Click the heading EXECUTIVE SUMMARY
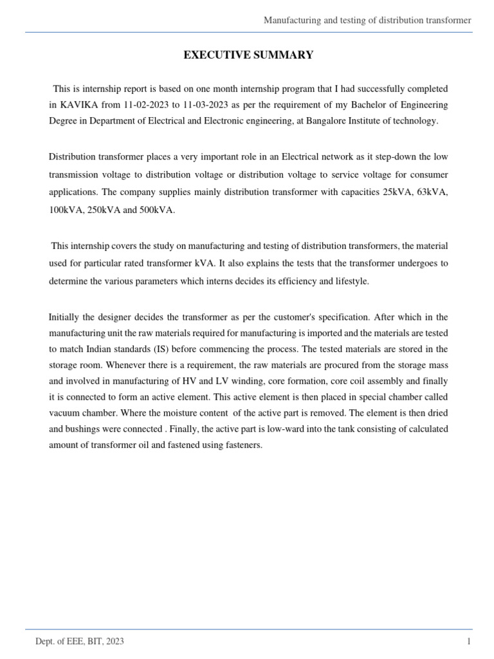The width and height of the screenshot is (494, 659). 248,55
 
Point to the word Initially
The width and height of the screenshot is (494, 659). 66,317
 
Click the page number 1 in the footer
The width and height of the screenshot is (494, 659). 469,642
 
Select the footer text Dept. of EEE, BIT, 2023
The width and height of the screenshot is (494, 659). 80,642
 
